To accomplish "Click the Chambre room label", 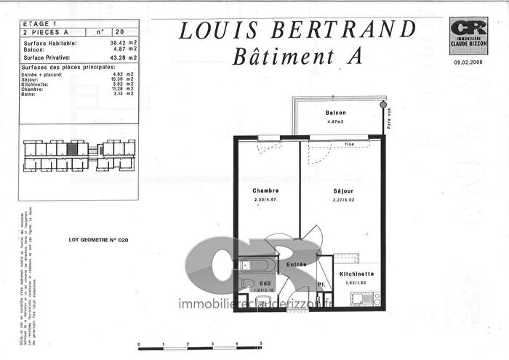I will click(266, 191).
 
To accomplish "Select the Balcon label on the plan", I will click(335, 113).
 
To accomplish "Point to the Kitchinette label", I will click(356, 273).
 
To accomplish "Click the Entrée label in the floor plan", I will click(296, 265).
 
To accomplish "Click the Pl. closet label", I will click(321, 284).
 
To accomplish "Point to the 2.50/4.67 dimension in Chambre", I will click(266, 199).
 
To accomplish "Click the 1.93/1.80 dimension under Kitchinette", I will click(356, 281).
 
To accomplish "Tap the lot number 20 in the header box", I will click(119, 32).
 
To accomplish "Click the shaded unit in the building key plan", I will click(71, 148).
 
